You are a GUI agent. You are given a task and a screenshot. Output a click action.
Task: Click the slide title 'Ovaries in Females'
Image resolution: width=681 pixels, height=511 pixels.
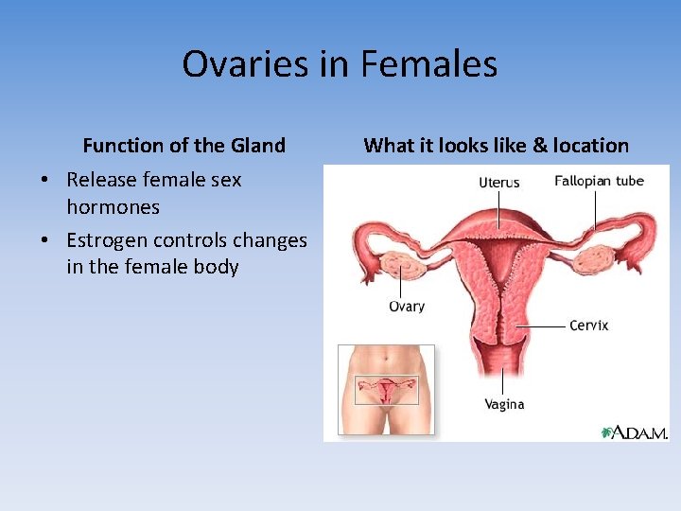point(340,64)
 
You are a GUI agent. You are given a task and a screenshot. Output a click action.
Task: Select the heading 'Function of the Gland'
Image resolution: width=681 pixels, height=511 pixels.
point(183,146)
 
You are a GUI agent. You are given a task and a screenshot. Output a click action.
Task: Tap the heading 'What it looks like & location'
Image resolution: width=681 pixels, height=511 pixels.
point(496,146)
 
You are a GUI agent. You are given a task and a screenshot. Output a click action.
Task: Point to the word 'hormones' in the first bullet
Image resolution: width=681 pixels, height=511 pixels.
point(113,206)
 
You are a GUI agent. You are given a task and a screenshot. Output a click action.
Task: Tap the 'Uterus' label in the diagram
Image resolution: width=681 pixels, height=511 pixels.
point(498,182)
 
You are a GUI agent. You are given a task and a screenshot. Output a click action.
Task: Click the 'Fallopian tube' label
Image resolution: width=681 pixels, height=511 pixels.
point(599,181)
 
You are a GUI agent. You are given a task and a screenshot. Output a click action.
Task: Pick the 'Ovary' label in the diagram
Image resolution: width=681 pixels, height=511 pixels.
point(407,306)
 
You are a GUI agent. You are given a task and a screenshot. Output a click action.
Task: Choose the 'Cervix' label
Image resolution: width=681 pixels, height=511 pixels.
point(588,325)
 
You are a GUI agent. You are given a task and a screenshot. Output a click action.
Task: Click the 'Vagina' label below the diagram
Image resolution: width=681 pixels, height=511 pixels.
point(504,404)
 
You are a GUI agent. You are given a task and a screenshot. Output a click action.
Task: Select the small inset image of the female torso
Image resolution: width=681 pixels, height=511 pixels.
point(386,389)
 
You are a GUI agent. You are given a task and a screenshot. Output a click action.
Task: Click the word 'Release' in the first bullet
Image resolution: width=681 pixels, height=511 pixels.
point(99,180)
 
